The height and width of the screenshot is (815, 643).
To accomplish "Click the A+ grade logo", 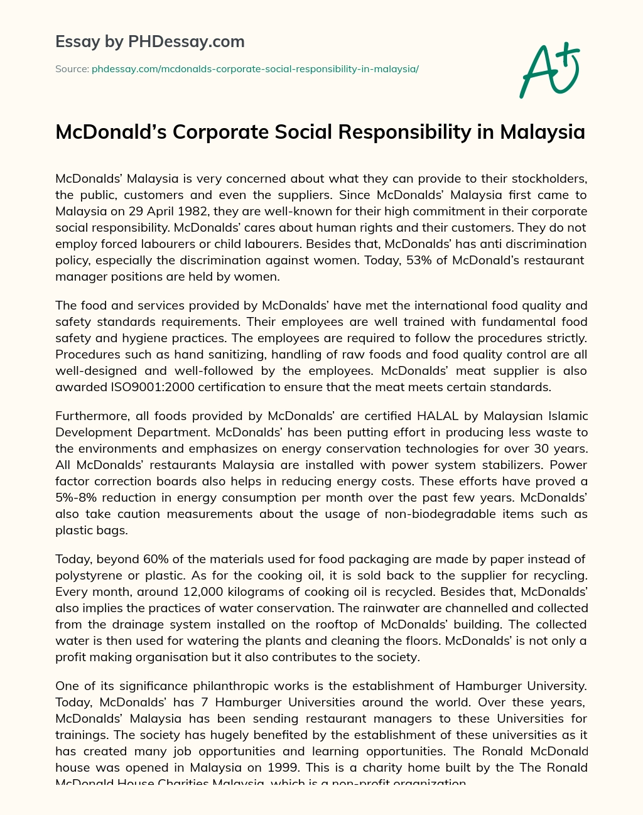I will pos(549,70).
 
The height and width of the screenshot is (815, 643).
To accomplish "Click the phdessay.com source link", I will pos(255,69).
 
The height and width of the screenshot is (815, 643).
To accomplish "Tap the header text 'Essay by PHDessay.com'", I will pos(150,42).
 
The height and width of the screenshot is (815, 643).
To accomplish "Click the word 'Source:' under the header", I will pos(72,69).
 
